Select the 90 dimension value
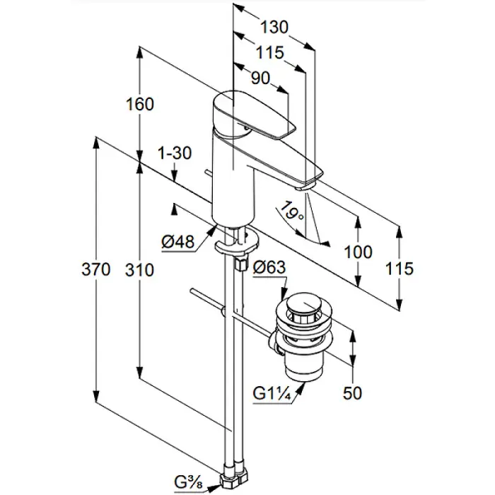(x=261, y=78)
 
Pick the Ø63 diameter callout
(x=268, y=267)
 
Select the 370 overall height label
(x=96, y=269)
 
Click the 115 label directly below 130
(x=269, y=52)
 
